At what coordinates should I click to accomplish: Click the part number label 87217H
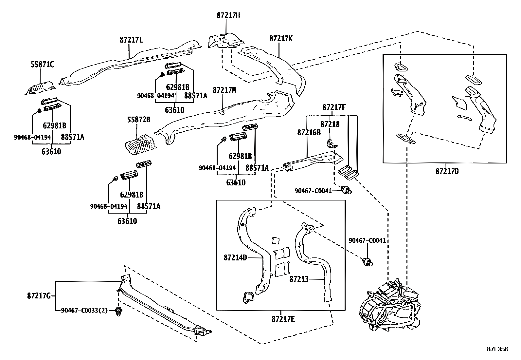pos(228,16)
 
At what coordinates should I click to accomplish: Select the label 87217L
pos(132,40)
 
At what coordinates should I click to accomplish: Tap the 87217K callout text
pos(281,39)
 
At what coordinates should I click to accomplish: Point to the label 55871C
pos(42,65)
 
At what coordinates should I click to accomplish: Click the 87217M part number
pos(225,90)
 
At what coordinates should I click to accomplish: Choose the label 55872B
pos(139,120)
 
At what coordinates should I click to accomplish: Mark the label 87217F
pos(334,107)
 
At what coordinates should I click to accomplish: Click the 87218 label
pos(330,124)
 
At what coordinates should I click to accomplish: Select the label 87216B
pos(309,132)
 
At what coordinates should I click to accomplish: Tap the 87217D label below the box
pos(447,171)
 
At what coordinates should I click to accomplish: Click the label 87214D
pos(235,258)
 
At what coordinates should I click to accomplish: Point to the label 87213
pos(299,279)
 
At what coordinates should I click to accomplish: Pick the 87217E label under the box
pos(283,319)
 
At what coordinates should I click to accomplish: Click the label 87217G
pos(39,296)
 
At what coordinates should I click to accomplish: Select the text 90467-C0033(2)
pos(84,311)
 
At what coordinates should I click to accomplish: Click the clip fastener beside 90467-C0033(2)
pos(119,312)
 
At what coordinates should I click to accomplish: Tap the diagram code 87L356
pos(497,349)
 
